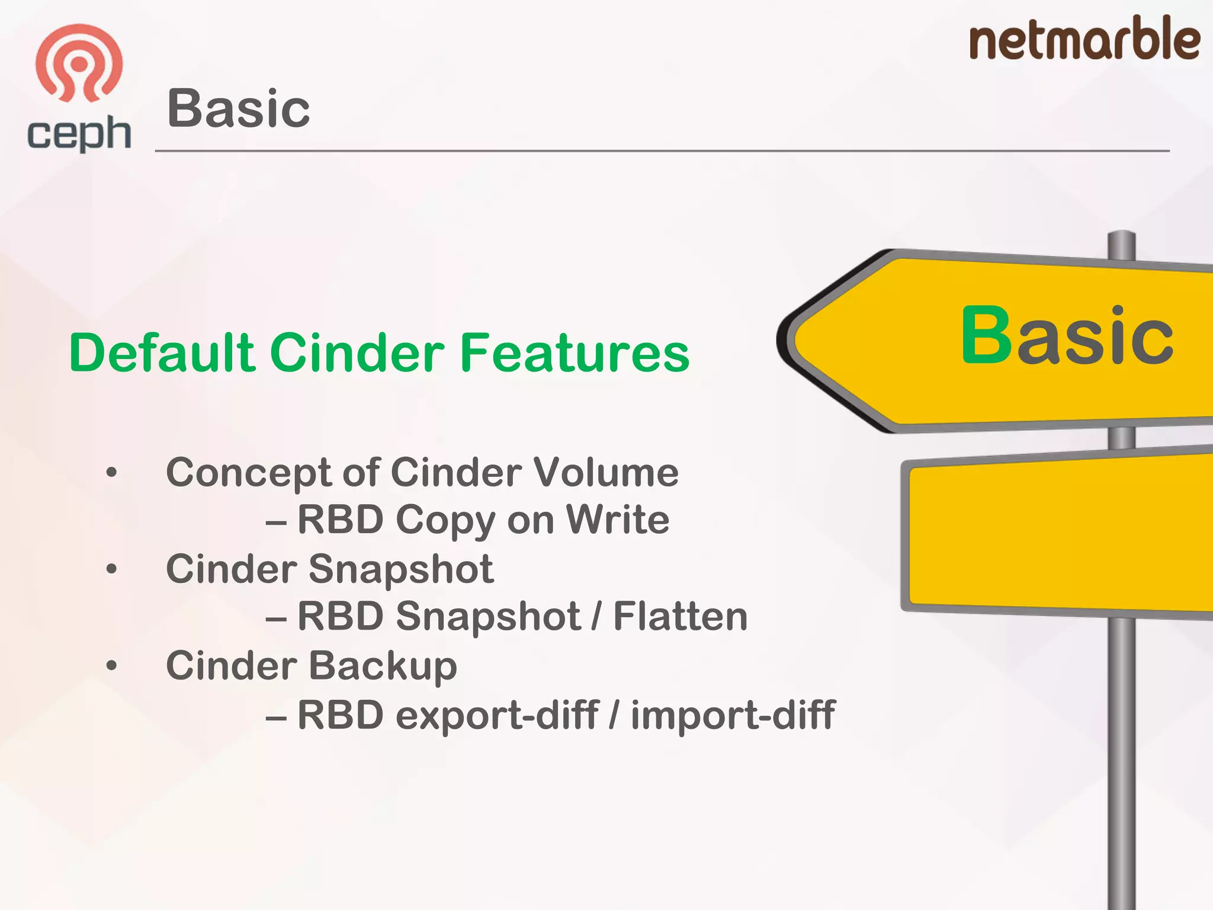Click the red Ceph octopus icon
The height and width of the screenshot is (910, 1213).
(79, 62)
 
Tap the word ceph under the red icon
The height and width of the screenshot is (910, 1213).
(79, 133)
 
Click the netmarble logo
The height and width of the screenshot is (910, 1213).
(1084, 39)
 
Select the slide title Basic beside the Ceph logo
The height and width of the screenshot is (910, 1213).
(239, 108)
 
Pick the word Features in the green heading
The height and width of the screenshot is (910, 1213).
(575, 353)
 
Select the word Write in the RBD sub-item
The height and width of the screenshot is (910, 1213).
(618, 520)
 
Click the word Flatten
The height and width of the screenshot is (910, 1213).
(680, 617)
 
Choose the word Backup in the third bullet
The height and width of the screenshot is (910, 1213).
(383, 666)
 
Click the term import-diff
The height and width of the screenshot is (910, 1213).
(733, 714)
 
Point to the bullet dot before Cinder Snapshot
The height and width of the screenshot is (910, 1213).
(112, 569)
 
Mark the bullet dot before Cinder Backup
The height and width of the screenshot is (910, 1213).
(112, 666)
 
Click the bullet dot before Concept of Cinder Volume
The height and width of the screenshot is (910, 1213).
(112, 473)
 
